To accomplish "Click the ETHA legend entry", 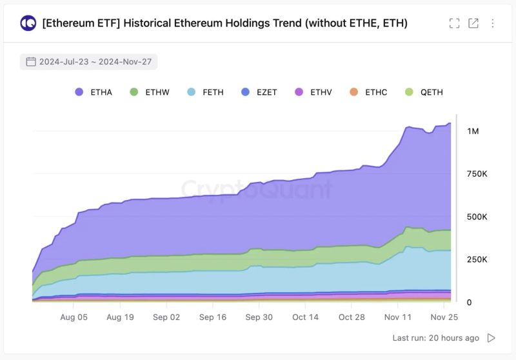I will (x=94, y=92).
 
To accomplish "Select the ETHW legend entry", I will (x=150, y=92).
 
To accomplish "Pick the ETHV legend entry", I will (x=313, y=92).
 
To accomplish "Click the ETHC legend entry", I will (x=368, y=92).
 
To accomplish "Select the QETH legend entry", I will (x=424, y=92).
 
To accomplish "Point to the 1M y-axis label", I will (x=473, y=131).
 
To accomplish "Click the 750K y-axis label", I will (x=477, y=174).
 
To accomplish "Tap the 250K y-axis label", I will (x=477, y=259).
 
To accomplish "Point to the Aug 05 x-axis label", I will (x=74, y=317).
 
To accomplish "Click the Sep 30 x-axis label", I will (x=259, y=317).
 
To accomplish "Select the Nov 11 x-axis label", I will (x=397, y=317).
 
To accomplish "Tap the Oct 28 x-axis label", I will (x=352, y=317).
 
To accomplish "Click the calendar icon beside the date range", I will (x=30, y=62).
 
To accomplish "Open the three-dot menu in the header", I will (x=493, y=23).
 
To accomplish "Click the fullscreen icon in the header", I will (x=455, y=23).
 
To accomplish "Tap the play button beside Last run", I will (x=491, y=338).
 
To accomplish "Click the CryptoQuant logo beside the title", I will (x=28, y=23).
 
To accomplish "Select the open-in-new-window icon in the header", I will (x=473, y=23).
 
